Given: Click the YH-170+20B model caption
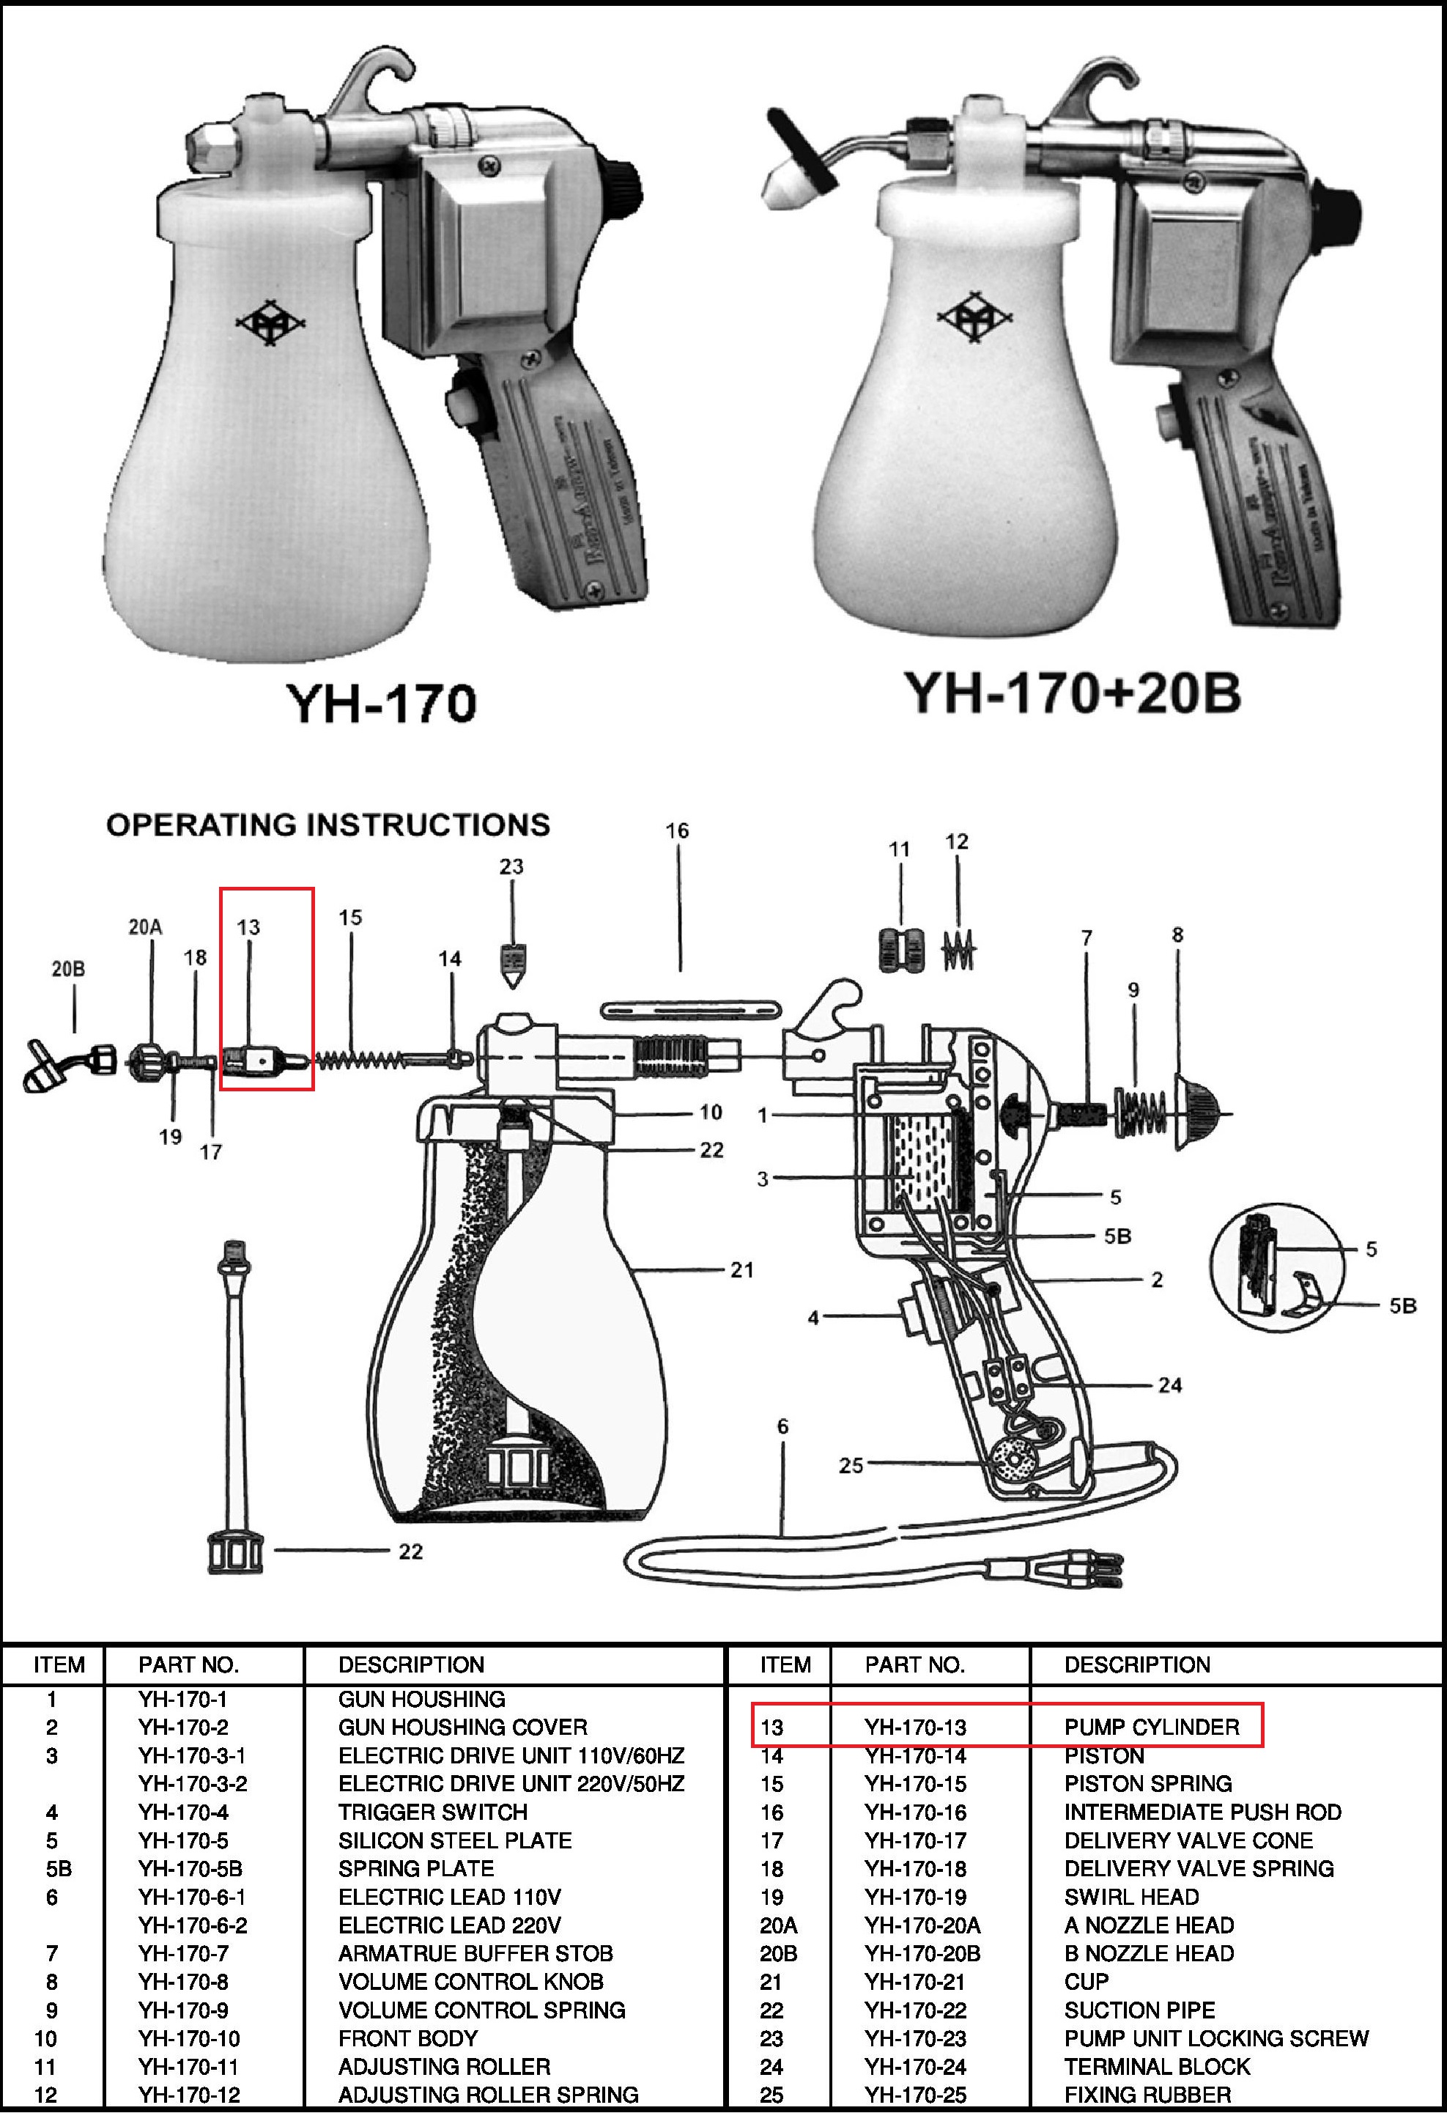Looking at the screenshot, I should tap(1072, 693).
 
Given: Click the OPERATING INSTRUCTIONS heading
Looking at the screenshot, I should tap(328, 825).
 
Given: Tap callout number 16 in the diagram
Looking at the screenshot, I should tap(677, 830).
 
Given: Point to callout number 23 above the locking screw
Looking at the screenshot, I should tap(511, 866).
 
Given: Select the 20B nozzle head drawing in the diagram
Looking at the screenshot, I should tap(68, 1066).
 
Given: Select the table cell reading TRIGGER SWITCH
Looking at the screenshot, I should tap(433, 1812).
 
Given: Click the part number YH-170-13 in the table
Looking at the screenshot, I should tap(915, 1727).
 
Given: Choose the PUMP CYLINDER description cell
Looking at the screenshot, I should tap(1152, 1727).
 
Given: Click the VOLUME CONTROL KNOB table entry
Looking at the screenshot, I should tap(471, 1982).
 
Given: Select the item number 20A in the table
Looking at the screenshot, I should tap(779, 1925).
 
